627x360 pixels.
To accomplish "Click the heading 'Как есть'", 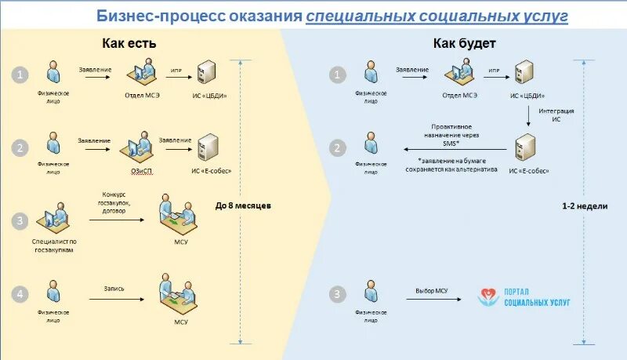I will point(129,43).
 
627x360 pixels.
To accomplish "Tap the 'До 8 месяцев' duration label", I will point(243,206).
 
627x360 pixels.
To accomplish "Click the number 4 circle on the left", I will point(21,294).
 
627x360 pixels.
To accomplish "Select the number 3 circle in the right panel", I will point(337,295).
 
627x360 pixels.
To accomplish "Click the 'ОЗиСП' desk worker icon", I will point(136,146).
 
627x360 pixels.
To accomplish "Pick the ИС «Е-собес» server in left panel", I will point(208,146).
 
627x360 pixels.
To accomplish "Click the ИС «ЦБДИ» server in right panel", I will point(523,75).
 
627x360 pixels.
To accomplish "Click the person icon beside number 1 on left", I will point(53,73).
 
